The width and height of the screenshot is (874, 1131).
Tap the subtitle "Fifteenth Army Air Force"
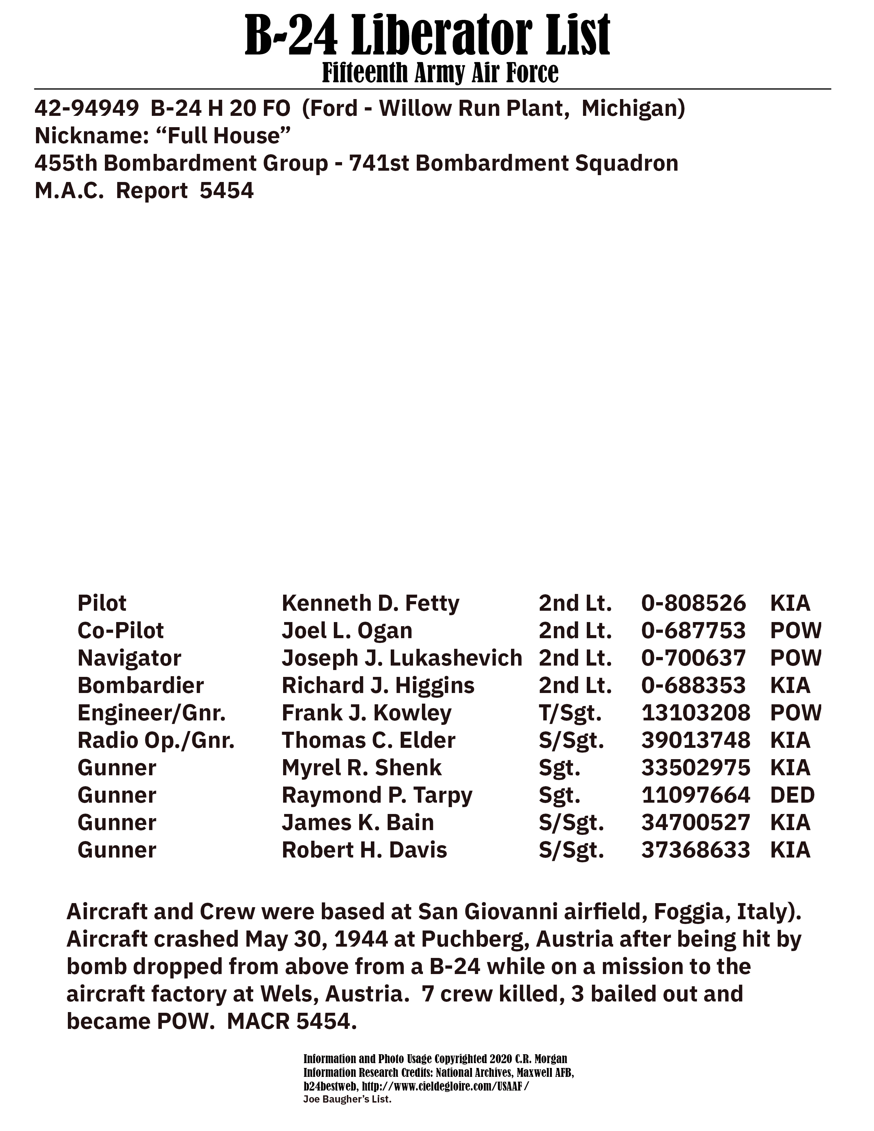click(x=440, y=73)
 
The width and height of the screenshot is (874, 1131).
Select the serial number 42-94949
click(x=86, y=108)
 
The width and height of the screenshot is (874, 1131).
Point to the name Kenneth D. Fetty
click(x=370, y=603)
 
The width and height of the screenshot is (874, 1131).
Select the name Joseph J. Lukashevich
click(x=402, y=658)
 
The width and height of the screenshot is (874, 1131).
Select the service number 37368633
click(x=695, y=850)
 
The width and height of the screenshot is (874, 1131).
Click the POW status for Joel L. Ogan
click(x=795, y=631)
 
